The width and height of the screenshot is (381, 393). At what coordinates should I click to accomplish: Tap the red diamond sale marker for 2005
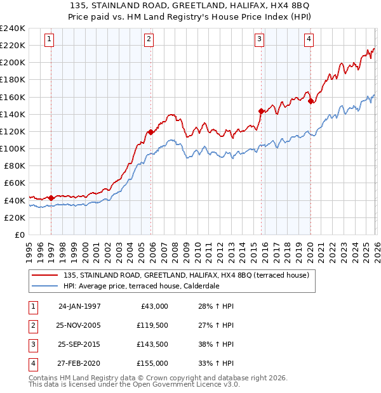pyautogui.click(x=151, y=132)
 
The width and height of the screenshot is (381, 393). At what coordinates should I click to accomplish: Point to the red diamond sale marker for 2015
pyautogui.click(x=261, y=111)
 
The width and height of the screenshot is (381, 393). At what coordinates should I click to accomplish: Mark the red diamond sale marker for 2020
pyautogui.click(x=311, y=101)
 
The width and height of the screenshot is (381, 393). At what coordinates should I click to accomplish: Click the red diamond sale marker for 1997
pyautogui.click(x=51, y=198)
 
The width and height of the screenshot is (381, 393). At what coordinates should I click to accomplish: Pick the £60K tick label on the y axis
pyautogui.click(x=14, y=183)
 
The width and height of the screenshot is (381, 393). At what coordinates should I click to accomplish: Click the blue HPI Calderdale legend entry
pyautogui.click(x=150, y=286)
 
